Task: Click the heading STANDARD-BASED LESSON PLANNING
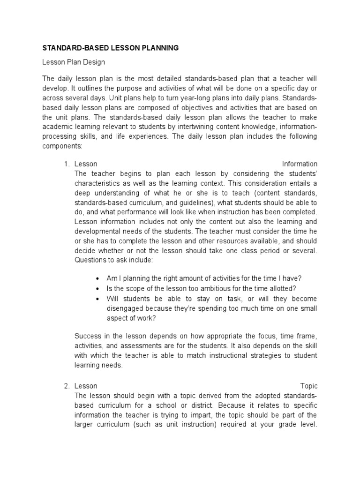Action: [x=111, y=47]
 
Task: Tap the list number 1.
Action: [x=66, y=164]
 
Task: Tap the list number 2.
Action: [x=66, y=386]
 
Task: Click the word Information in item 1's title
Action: [x=300, y=164]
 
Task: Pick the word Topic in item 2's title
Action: [x=309, y=386]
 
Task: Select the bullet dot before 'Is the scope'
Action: [x=97, y=289]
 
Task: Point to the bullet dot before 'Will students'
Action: [x=97, y=299]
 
